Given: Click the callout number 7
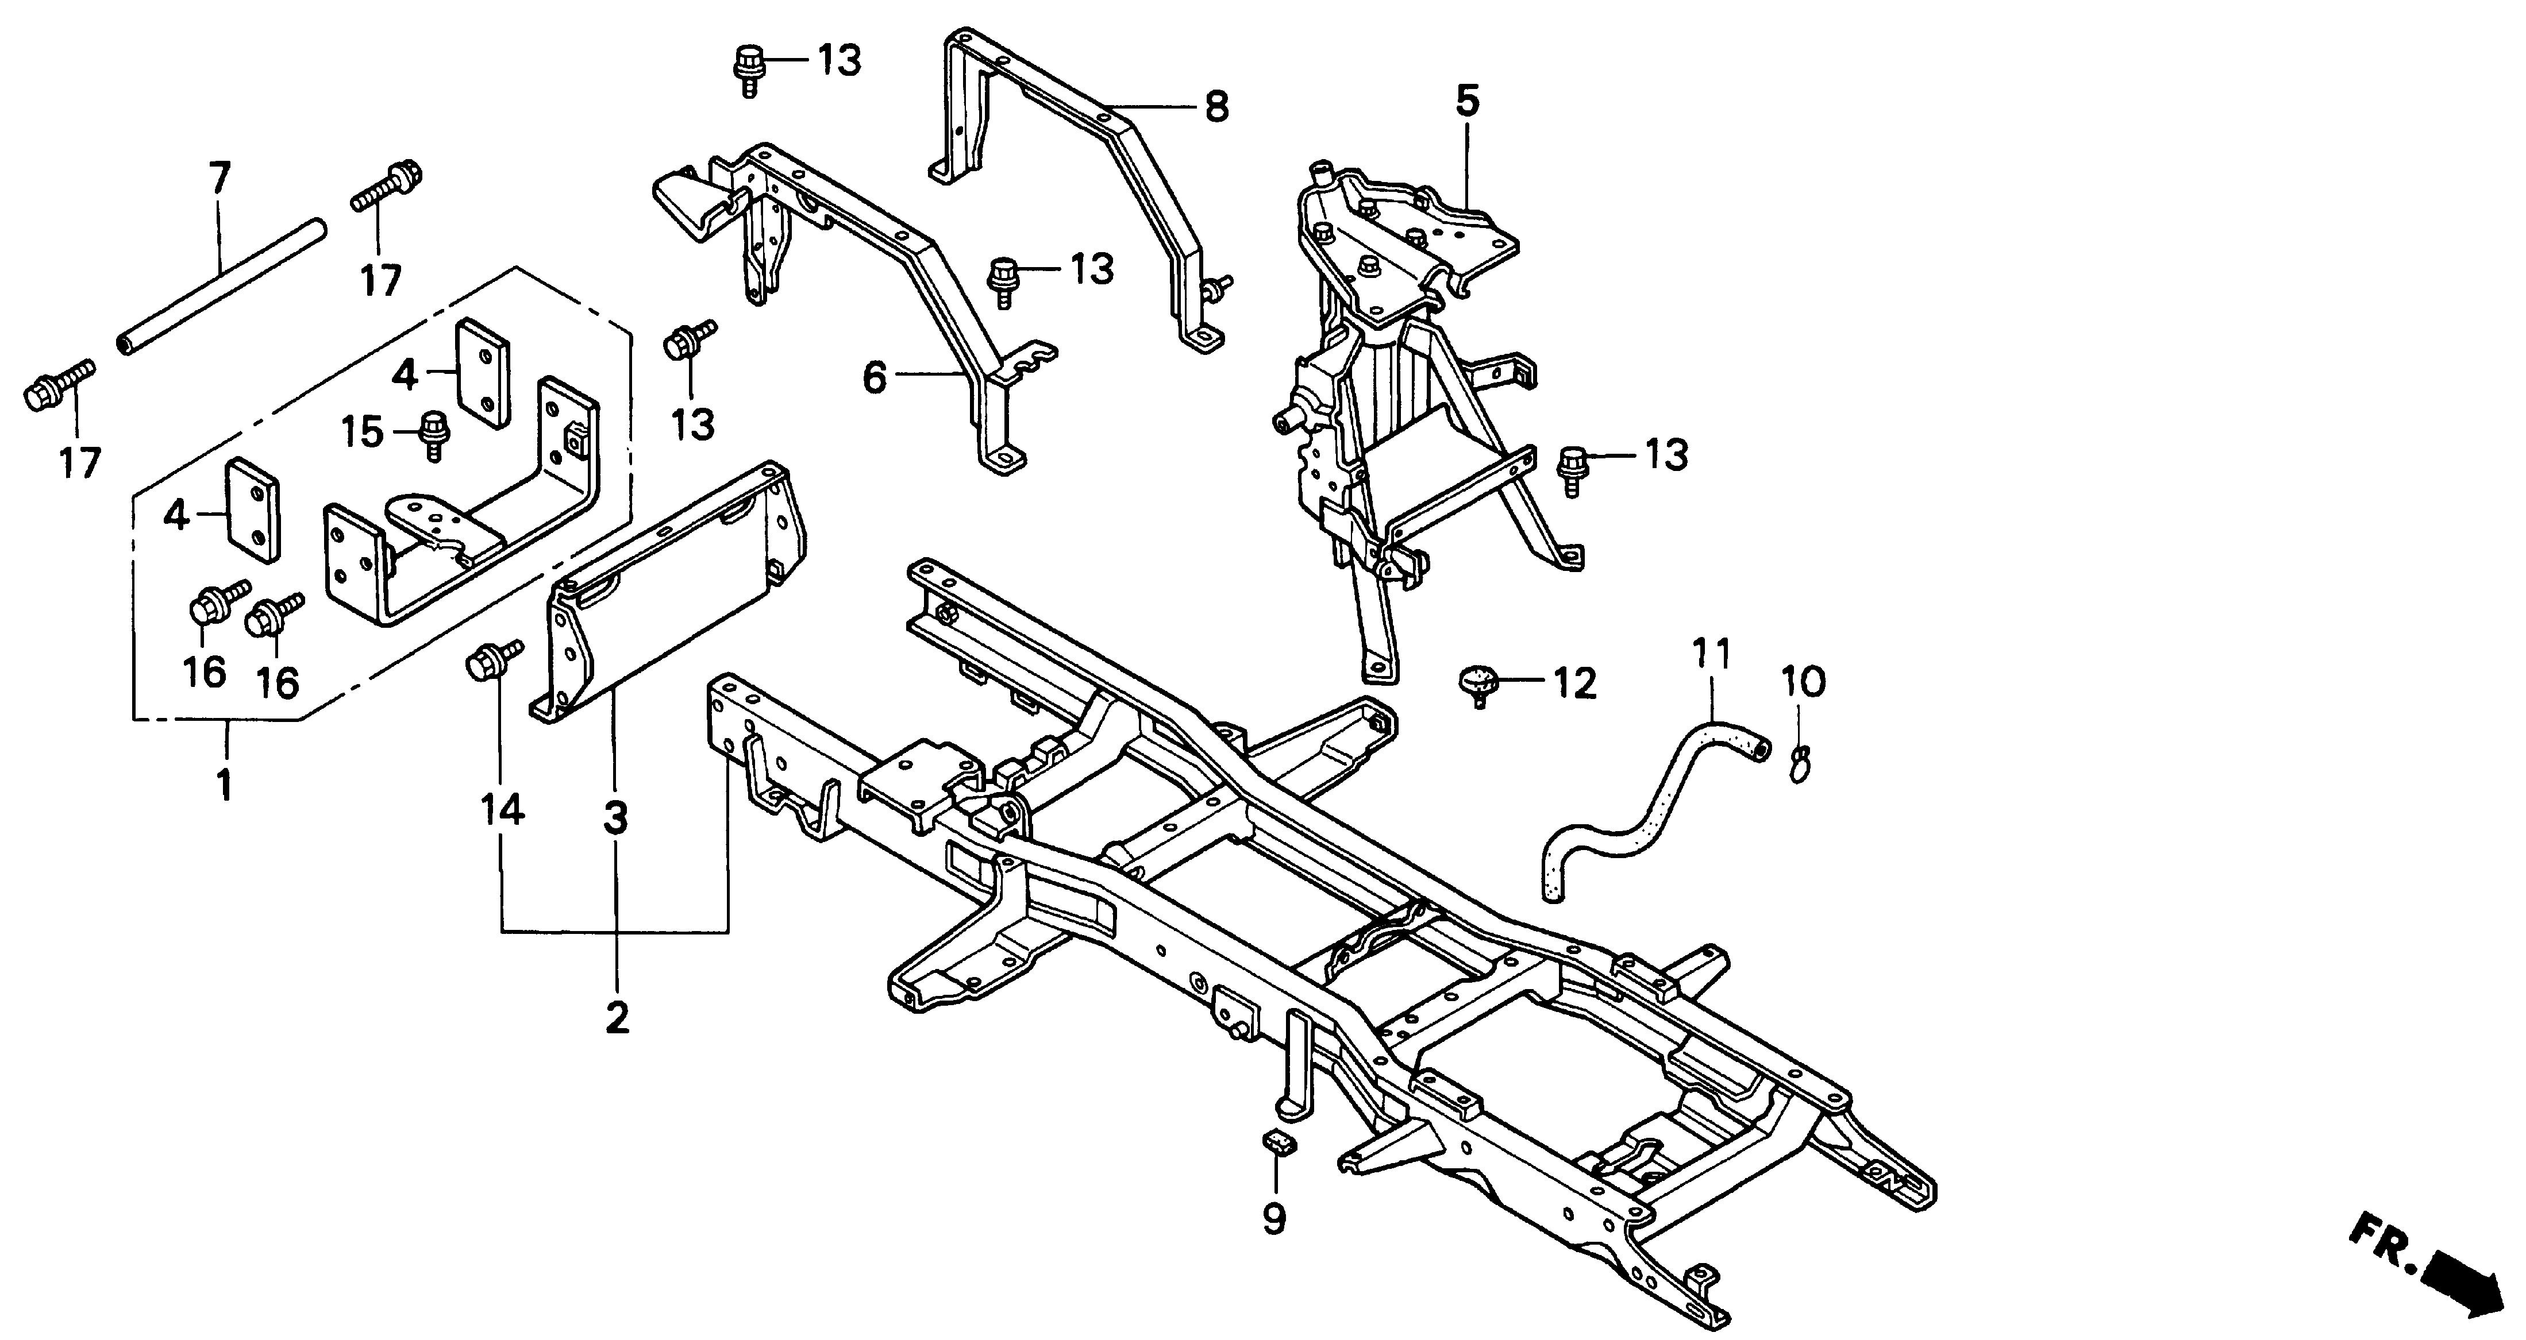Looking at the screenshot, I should click(220, 179).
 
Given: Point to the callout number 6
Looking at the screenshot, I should click(875, 377).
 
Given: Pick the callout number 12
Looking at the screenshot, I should click(1574, 683).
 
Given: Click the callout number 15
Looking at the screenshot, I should click(363, 431).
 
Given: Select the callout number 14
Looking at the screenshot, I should click(502, 810).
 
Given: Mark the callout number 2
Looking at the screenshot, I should click(616, 1018).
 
